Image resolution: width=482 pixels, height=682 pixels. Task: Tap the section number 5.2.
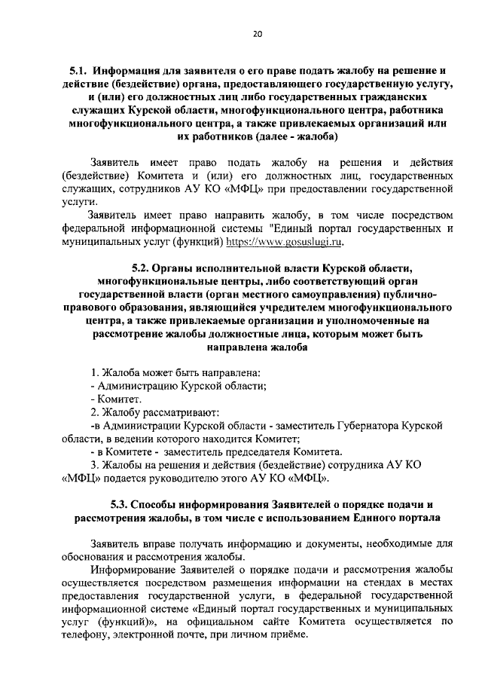click(x=142, y=269)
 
